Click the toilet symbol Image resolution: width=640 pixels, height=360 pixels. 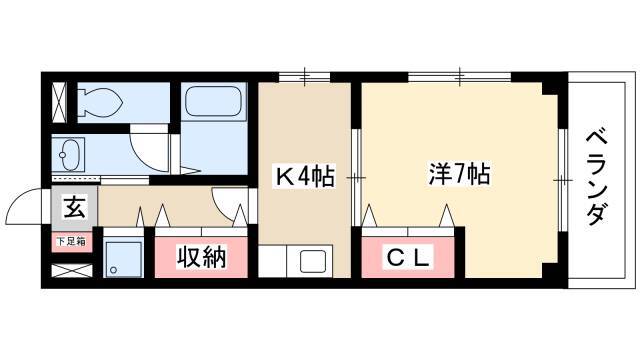pos(101,102)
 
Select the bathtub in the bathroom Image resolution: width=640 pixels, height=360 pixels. pos(213,101)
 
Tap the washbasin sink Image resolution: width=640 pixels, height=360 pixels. pos(69,155)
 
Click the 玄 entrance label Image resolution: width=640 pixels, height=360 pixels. pos(75,207)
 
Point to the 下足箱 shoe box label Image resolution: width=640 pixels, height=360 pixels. pos(71,242)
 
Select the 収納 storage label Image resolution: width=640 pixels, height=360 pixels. pos(201,257)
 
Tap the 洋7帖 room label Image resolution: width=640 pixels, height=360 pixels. pos(459,174)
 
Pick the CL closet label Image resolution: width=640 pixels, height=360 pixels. pos(408,257)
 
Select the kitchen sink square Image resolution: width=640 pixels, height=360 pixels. pos(313,262)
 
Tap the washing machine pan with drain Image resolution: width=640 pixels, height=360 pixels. pos(123,258)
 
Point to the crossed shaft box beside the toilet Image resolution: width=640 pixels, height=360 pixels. pos(59,102)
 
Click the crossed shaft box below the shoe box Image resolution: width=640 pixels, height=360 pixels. pos(72,271)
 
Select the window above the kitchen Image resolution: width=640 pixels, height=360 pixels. pos(304,76)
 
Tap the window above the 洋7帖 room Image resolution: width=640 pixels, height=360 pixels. pos(460,76)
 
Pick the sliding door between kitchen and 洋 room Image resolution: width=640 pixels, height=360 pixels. pos(356,178)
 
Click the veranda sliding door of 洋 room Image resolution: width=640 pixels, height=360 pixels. pos(563,180)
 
